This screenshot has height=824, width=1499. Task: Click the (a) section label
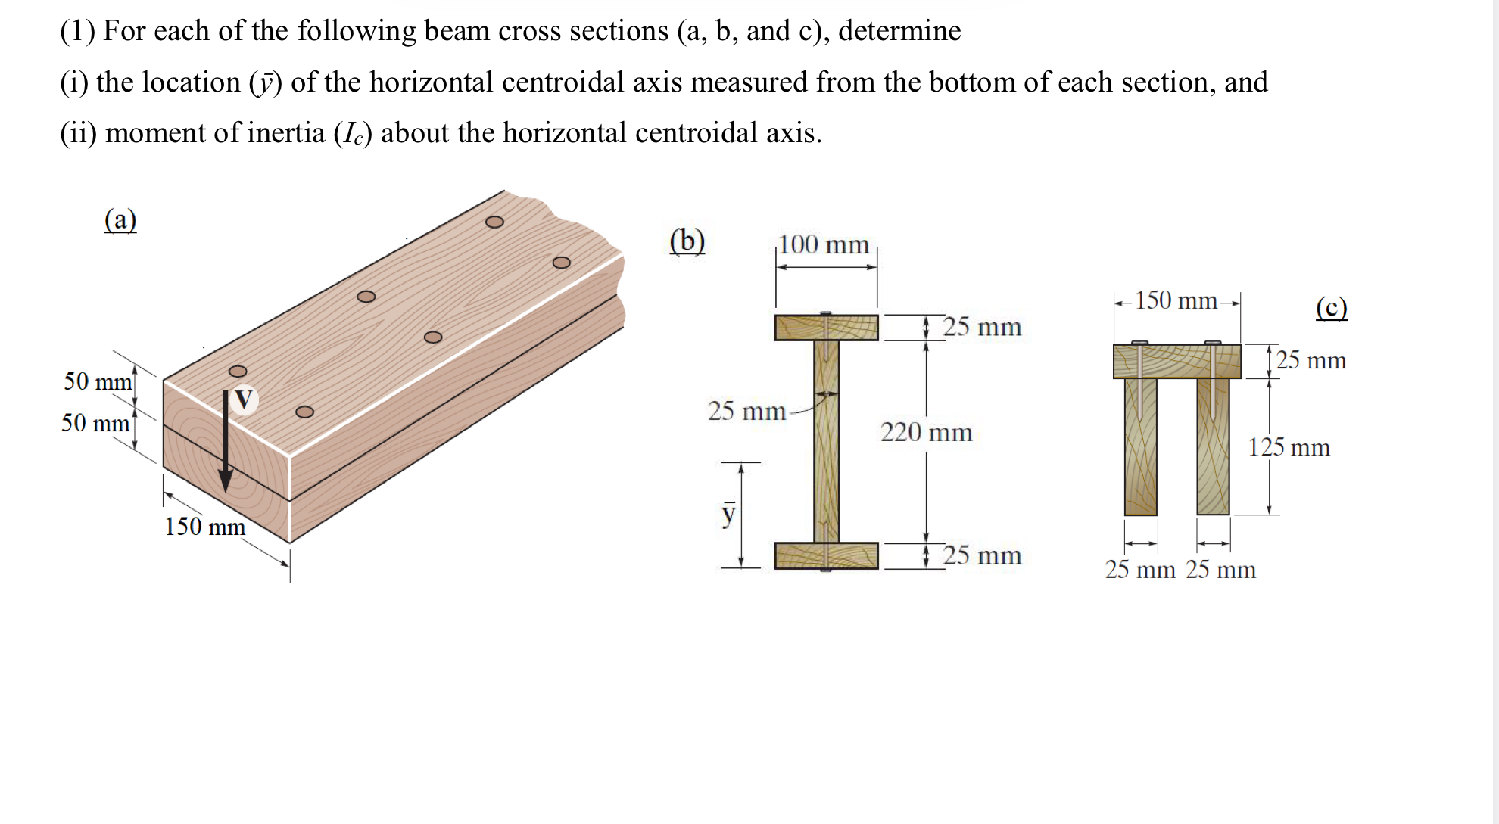120,220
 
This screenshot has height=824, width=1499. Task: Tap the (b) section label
687,241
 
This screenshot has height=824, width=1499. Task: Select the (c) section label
1331,308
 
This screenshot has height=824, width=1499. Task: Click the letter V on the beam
244,399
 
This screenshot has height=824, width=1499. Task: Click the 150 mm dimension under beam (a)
204,527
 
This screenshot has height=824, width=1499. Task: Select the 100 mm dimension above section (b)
824,245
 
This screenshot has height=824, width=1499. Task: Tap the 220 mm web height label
926,433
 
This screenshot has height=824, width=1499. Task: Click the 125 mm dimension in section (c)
1289,447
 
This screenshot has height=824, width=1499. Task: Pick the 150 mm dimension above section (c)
1176,301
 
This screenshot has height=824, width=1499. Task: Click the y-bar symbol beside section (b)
728,512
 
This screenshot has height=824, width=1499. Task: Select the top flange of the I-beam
826,328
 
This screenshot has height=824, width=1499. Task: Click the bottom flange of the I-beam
826,555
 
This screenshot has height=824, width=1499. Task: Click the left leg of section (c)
1140,446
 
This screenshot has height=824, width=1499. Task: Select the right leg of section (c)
1213,446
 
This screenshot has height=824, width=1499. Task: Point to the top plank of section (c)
1176,362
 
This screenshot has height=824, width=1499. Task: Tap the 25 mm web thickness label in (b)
746,412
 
